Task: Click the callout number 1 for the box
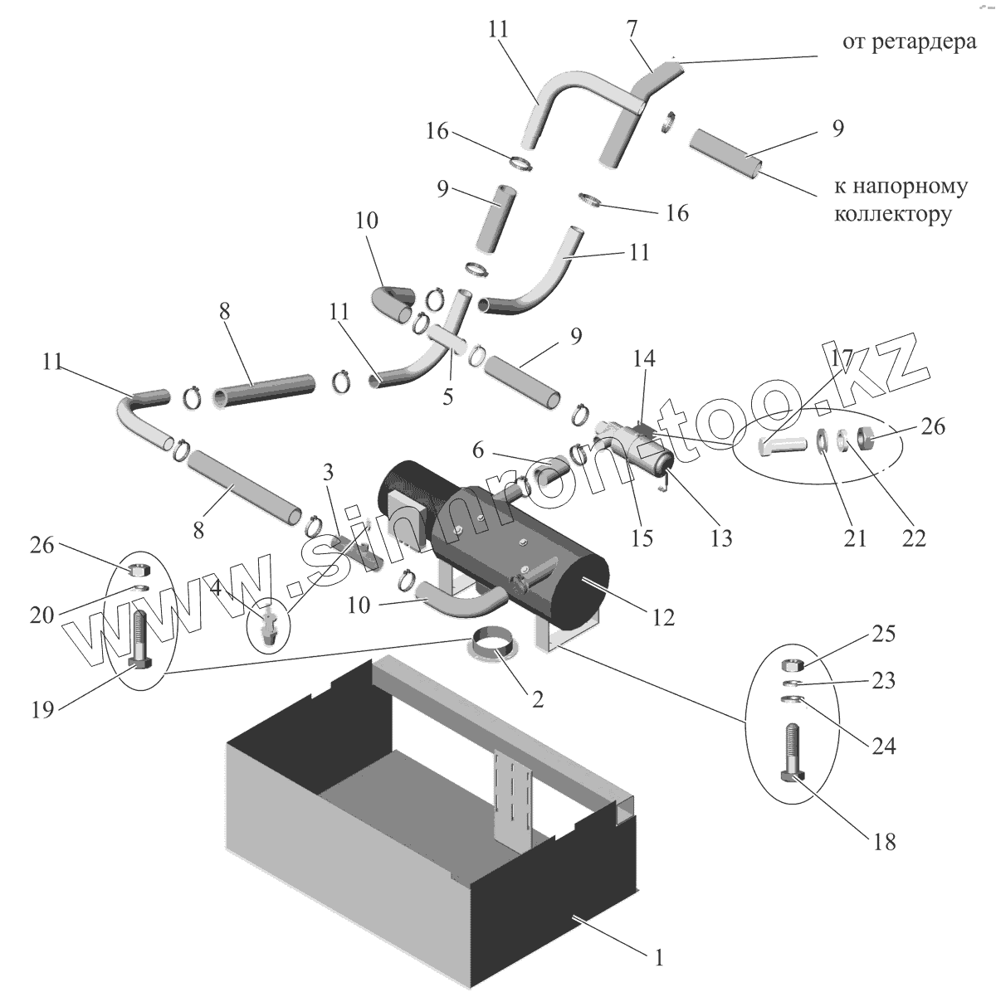tap(658, 960)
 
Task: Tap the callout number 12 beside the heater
tap(663, 616)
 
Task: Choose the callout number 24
tap(883, 746)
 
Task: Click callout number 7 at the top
tap(632, 27)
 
